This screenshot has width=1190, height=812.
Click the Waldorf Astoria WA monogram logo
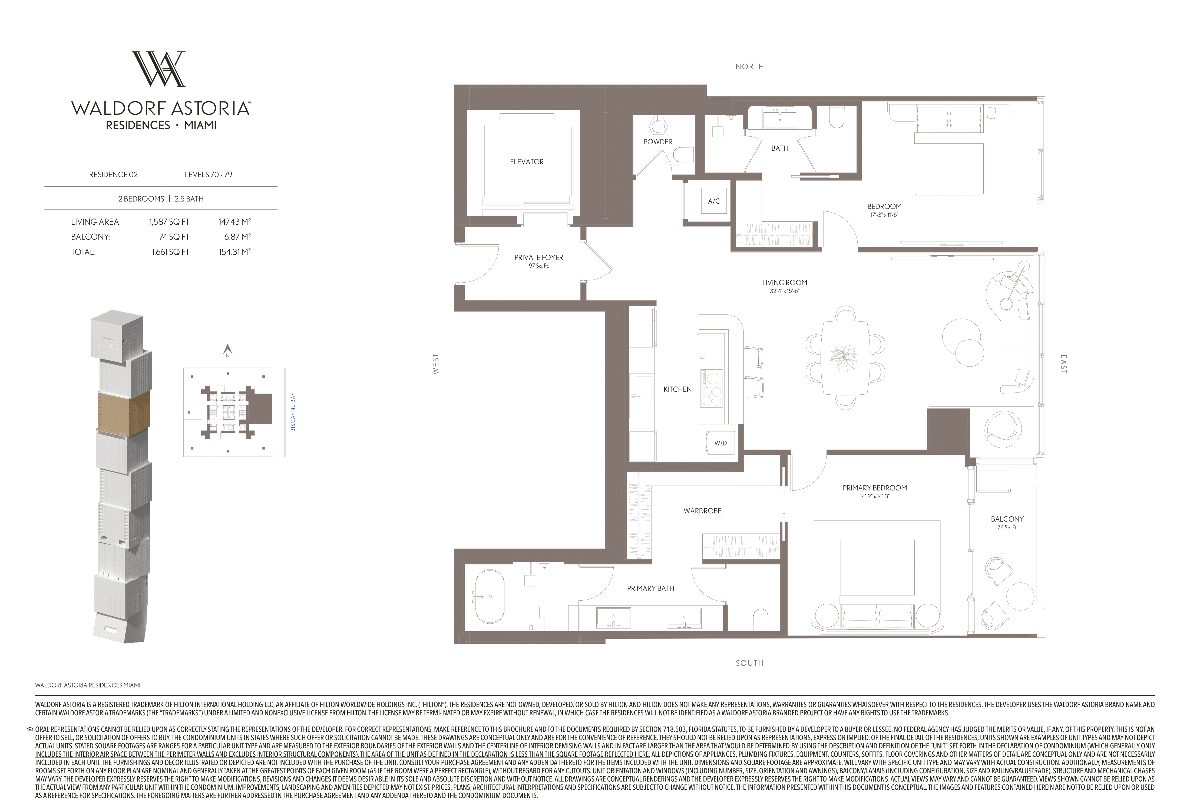tap(159, 69)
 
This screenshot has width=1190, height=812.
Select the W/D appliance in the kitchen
tap(720, 443)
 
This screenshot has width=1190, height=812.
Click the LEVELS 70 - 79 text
tap(209, 175)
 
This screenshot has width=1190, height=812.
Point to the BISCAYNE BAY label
tap(293, 412)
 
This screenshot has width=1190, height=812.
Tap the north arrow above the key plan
tap(228, 351)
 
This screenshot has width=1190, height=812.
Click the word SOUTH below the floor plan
tap(750, 663)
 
